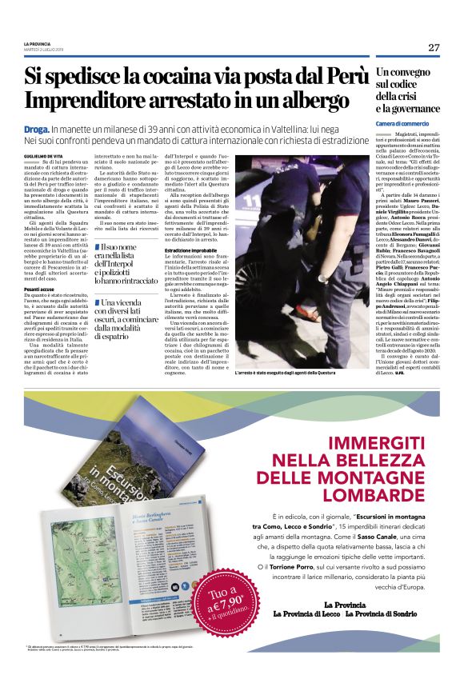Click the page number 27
coord(434,47)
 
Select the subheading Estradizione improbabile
coord(195,250)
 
